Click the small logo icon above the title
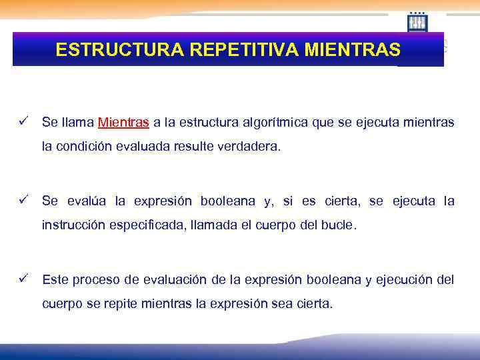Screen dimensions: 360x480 pyautogui.click(x=417, y=23)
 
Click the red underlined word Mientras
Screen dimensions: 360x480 pyautogui.click(x=123, y=123)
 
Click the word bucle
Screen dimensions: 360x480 pyautogui.click(x=340, y=225)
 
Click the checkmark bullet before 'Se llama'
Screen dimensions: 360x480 pyautogui.click(x=23, y=122)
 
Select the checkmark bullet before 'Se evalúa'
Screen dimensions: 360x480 pyautogui.click(x=23, y=200)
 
